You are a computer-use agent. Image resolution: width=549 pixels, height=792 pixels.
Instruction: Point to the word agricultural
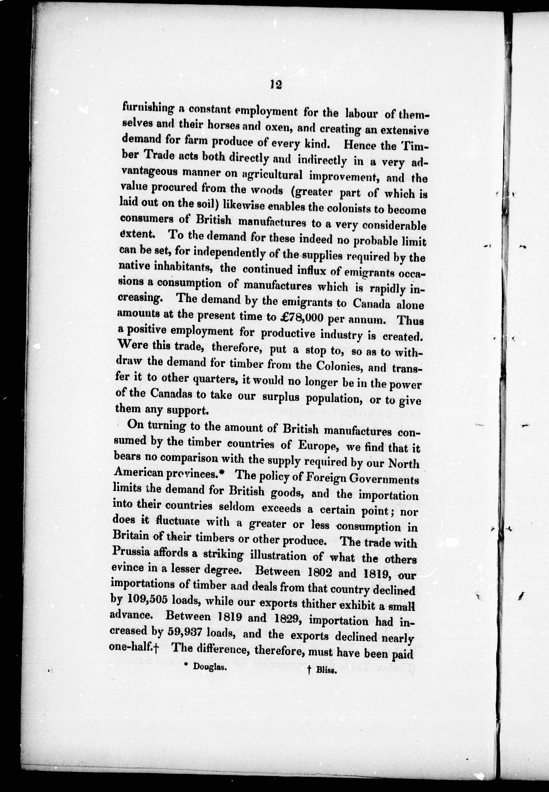point(272,175)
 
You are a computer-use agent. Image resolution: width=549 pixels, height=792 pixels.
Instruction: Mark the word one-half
point(131,647)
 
